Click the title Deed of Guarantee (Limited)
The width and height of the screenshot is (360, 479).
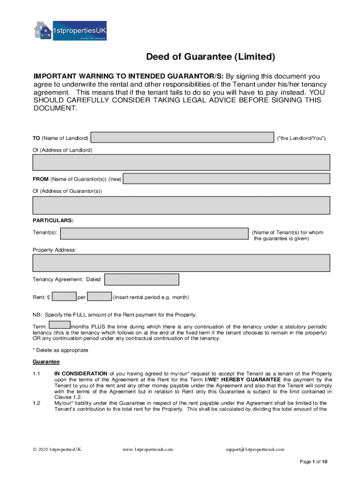(x=211, y=57)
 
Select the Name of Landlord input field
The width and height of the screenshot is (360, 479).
(x=182, y=138)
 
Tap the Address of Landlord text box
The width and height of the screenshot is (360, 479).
(x=181, y=162)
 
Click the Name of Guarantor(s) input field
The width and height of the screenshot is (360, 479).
(x=227, y=179)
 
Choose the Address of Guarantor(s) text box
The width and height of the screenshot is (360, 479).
(x=181, y=205)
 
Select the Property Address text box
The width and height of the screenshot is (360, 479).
(x=181, y=263)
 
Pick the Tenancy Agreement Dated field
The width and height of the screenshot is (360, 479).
(x=142, y=280)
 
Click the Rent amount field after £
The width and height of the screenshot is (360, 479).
(x=65, y=297)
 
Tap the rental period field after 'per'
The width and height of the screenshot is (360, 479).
(x=99, y=297)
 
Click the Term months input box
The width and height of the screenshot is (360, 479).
(x=59, y=325)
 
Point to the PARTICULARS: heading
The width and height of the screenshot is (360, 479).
(x=53, y=220)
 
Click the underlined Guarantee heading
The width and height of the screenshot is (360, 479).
(x=46, y=362)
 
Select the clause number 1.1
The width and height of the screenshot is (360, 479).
(x=37, y=374)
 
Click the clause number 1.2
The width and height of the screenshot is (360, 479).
(x=37, y=403)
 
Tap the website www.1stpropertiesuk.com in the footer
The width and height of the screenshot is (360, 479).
(x=148, y=449)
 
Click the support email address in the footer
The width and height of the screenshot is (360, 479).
(x=255, y=449)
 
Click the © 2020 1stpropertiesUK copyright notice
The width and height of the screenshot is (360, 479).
(x=57, y=449)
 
